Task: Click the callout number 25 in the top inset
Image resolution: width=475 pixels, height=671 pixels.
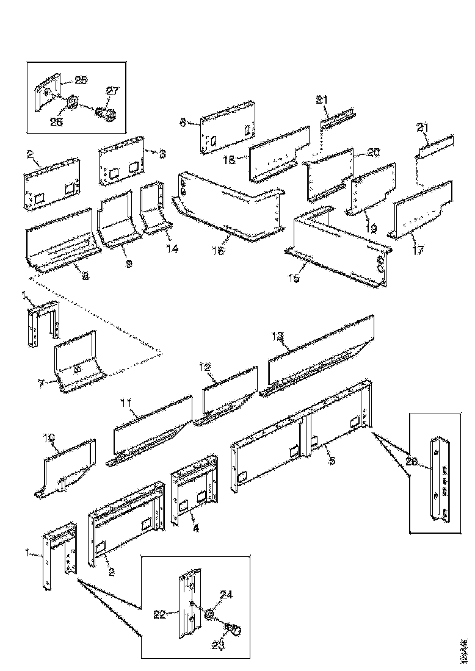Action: click(81, 80)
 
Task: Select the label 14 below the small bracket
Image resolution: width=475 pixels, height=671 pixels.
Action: click(173, 249)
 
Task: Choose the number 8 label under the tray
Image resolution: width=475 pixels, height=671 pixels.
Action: click(84, 276)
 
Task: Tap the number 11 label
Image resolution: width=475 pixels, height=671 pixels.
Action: click(126, 403)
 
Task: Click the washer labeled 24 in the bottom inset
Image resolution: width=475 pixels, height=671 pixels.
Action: click(209, 615)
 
